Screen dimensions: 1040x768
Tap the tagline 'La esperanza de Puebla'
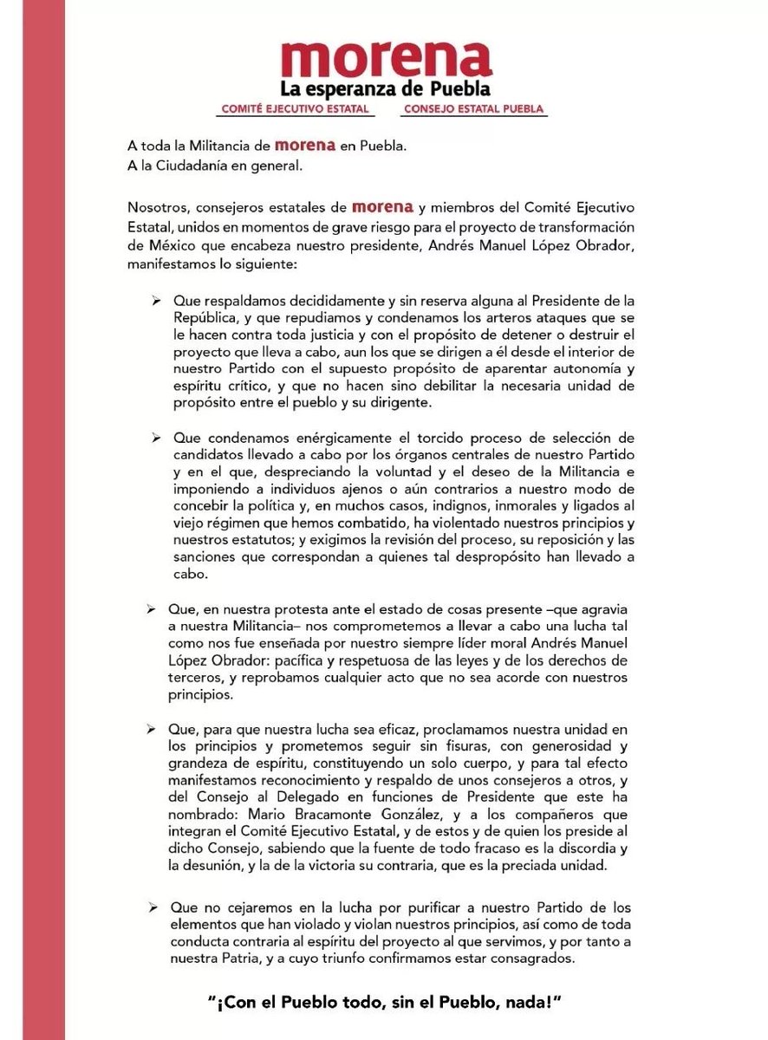pyautogui.click(x=386, y=89)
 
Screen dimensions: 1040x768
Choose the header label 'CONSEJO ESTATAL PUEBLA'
pyautogui.click(x=474, y=110)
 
